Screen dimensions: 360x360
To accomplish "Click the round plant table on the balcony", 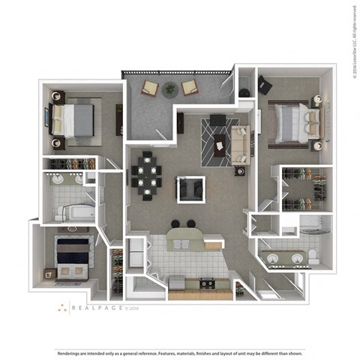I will point(169,89).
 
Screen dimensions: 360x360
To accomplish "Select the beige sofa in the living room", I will point(241,145).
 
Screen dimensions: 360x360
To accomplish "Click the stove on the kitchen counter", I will point(205,283).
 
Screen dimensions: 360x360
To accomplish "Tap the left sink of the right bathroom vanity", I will point(276,259).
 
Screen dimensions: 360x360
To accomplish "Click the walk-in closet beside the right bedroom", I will point(303,190).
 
